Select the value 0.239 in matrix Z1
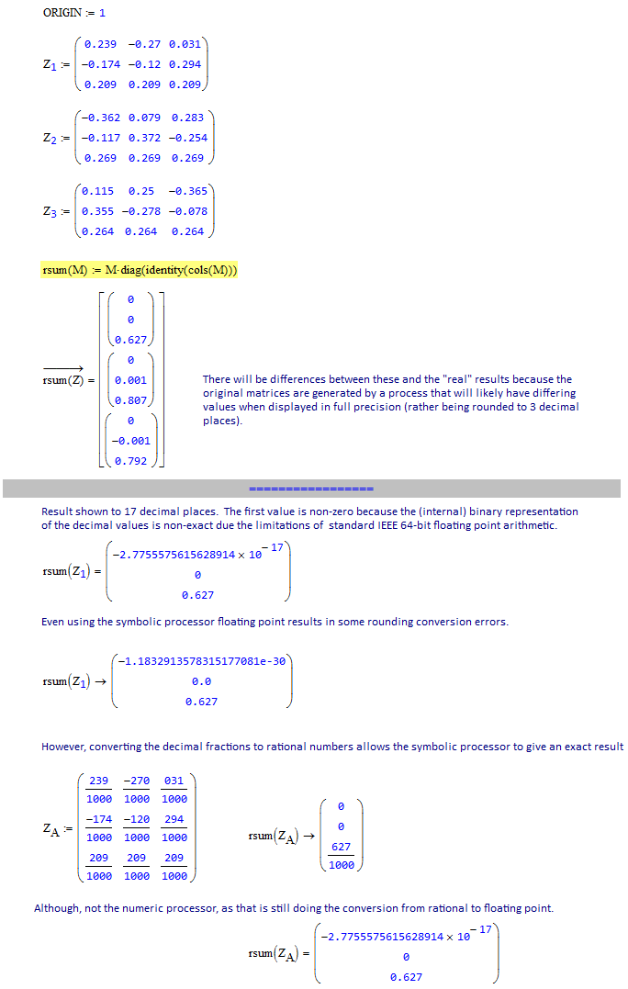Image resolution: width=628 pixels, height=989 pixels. tap(100, 44)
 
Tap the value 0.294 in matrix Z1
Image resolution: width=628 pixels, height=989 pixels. tap(188, 64)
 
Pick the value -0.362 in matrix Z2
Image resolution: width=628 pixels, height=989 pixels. tap(100, 118)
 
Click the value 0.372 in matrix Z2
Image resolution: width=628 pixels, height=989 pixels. tap(144, 138)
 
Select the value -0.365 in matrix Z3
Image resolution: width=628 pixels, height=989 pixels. tap(188, 191)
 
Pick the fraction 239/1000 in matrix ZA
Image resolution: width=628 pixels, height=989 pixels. tap(99, 790)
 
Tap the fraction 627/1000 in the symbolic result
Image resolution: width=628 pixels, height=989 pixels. tap(341, 856)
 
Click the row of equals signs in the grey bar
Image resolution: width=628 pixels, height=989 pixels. tap(311, 488)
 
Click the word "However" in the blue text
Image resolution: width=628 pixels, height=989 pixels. tap(63, 747)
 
